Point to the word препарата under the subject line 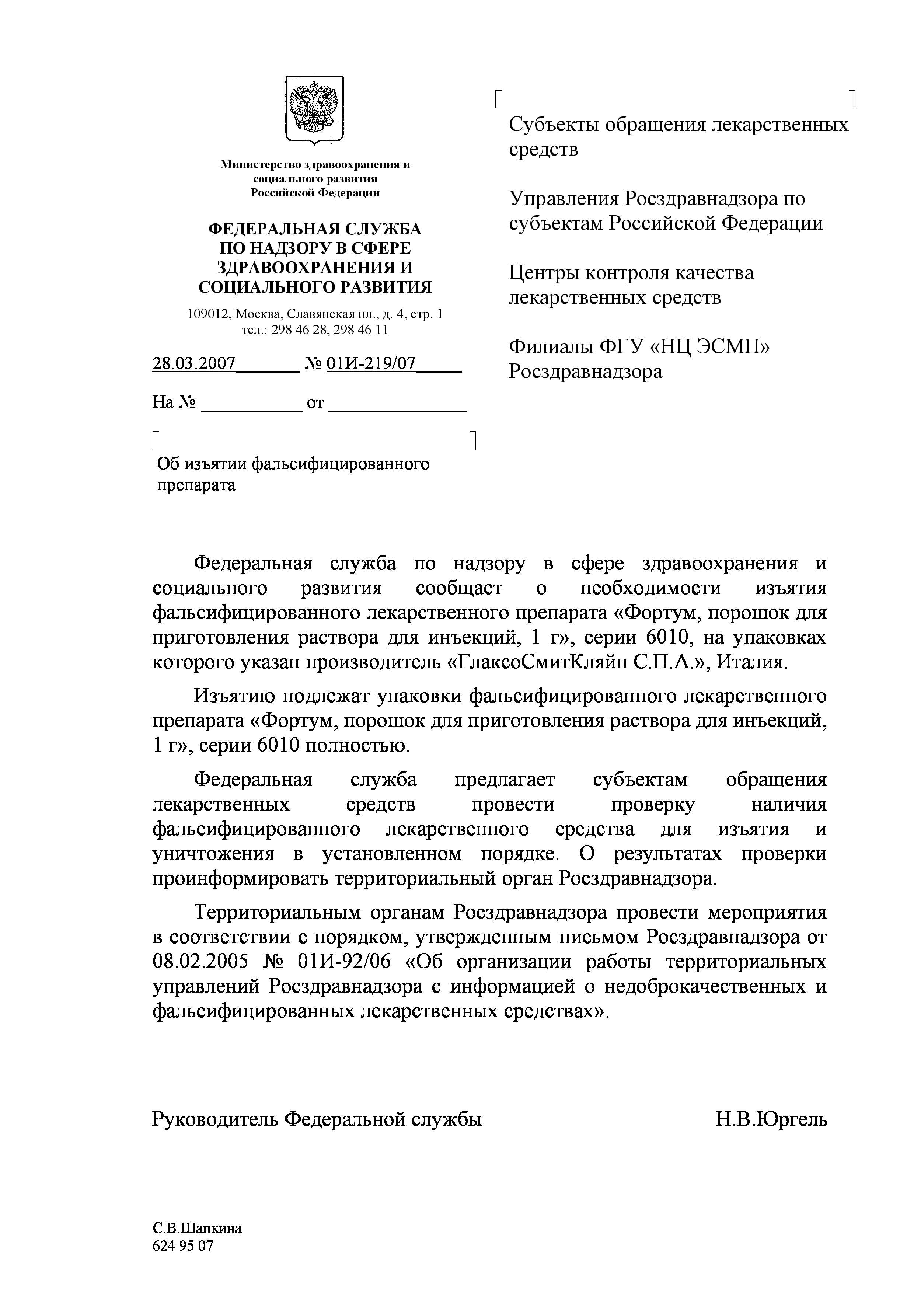click(196, 485)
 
